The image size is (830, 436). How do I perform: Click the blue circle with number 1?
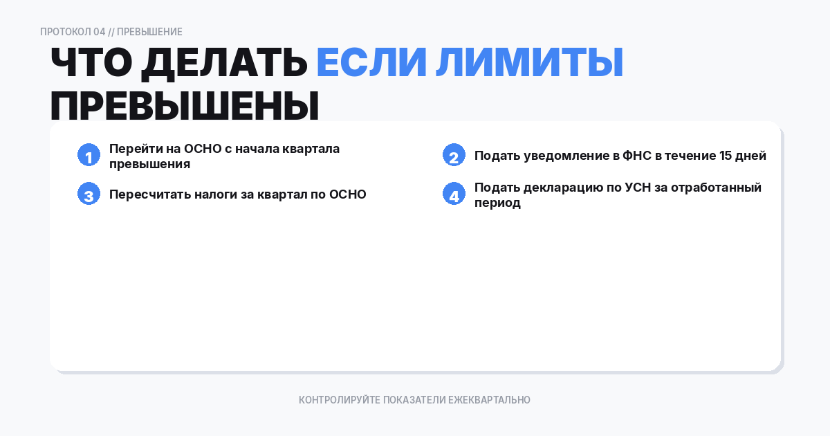pyautogui.click(x=89, y=155)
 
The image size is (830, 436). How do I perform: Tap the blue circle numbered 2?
pyautogui.click(x=454, y=155)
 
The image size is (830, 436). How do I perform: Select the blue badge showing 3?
pyautogui.click(x=89, y=194)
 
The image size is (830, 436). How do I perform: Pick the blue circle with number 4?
pyautogui.click(x=454, y=194)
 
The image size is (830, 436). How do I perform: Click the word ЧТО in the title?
pyautogui.click(x=91, y=62)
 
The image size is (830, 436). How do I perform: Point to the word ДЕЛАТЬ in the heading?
pyautogui.click(x=224, y=64)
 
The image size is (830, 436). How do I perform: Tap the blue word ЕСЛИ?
pyautogui.click(x=371, y=62)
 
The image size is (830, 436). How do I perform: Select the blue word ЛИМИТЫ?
pyautogui.click(x=530, y=62)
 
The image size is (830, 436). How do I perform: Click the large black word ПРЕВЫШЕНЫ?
pyautogui.click(x=185, y=106)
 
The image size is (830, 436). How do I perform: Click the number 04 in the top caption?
pyautogui.click(x=100, y=32)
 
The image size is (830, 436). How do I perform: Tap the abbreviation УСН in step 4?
pyautogui.click(x=638, y=188)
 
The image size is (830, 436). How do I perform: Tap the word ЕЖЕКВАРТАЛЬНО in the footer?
pyautogui.click(x=489, y=400)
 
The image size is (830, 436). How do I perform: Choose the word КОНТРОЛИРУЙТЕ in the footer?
pyautogui.click(x=340, y=400)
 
